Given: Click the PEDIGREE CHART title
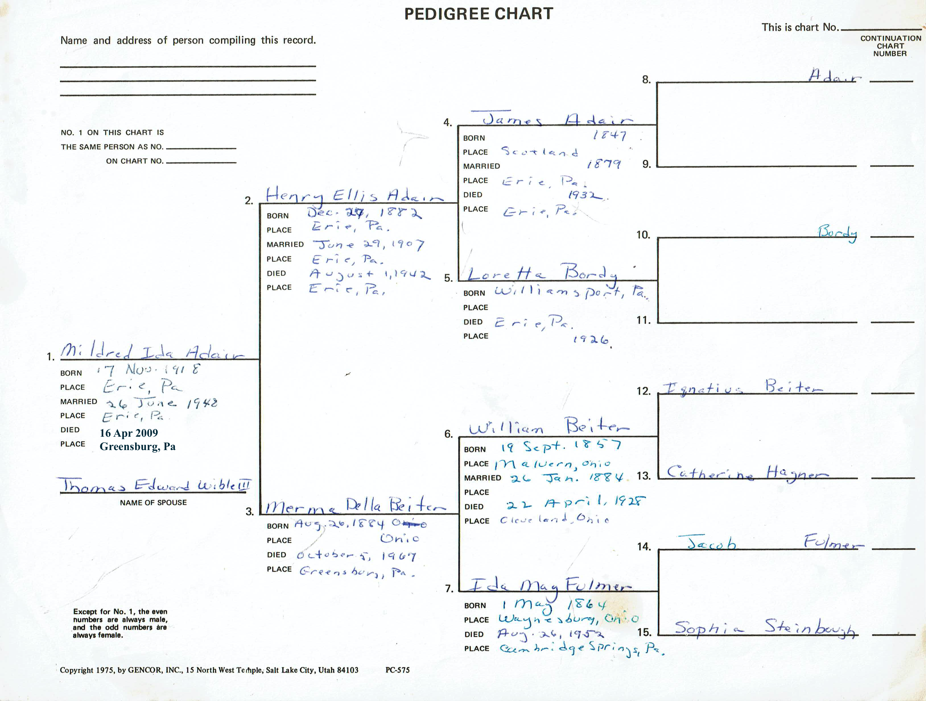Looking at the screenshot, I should coord(479,14).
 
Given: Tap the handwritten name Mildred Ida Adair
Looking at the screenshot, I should coord(153,352).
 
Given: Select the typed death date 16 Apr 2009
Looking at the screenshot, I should coord(129,433).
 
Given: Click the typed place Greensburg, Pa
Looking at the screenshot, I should coord(137,446).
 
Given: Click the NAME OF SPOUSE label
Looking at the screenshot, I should coord(153,502).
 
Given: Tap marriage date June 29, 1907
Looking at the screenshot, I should coord(368,245).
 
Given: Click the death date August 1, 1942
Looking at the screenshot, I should coord(370,274).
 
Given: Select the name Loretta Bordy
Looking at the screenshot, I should coord(542,273).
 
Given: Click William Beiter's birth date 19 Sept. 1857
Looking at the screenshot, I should coord(561,446).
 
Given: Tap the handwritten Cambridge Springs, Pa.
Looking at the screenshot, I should coord(582,649).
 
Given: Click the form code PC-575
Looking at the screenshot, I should coord(397,670).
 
